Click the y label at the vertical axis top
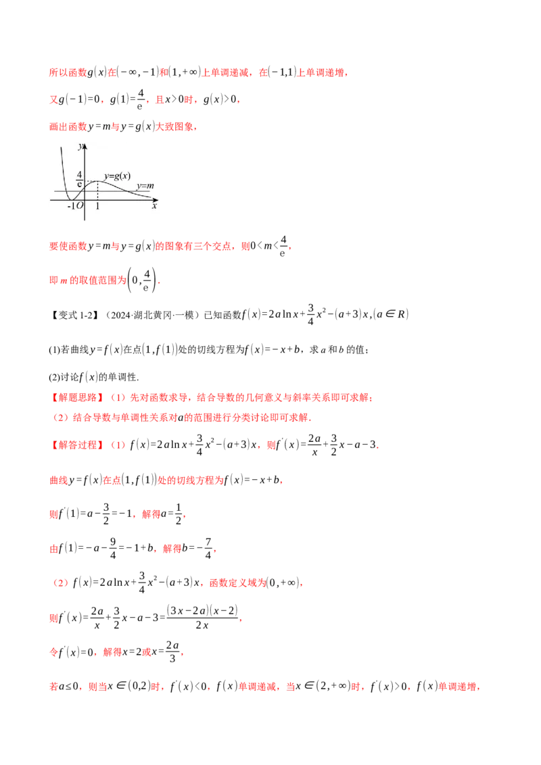pyautogui.click(x=80, y=146)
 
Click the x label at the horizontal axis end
pyautogui.click(x=154, y=206)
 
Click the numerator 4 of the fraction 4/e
pyautogui.click(x=79, y=174)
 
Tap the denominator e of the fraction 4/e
pyautogui.click(x=79, y=184)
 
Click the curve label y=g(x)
pyautogui.click(x=117, y=176)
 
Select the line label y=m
pyautogui.click(x=145, y=186)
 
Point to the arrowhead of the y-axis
pyautogui.click(x=85, y=144)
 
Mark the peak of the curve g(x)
pyautogui.click(x=97, y=181)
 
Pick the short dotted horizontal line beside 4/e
pyautogui.click(x=91, y=181)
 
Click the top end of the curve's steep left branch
pyautogui.click(x=62, y=147)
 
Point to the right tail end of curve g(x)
pyautogui.click(x=150, y=197)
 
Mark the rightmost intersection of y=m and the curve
pyautogui.click(x=130, y=191)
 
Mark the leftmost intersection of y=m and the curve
pyautogui.click(x=66, y=191)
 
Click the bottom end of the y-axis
pyautogui.click(x=85, y=220)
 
